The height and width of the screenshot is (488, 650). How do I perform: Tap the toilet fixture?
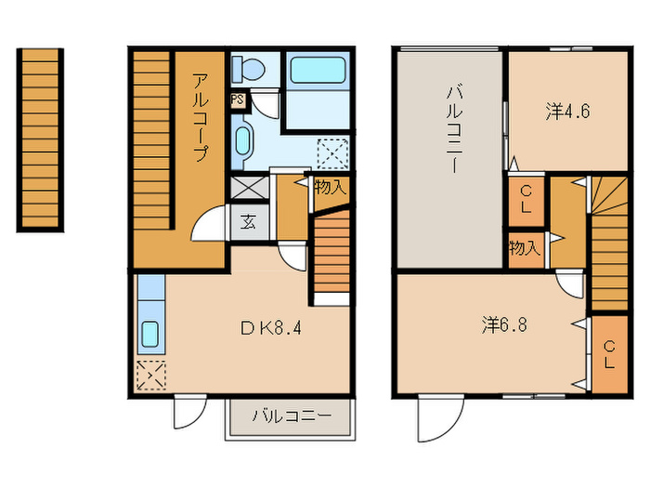coord(249,68)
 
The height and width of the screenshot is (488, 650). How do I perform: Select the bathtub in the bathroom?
coord(317,70)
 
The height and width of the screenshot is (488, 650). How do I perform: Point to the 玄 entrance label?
coord(249,222)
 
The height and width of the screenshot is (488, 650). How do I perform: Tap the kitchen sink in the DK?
coord(149,332)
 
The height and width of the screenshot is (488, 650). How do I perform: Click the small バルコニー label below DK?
coord(291,415)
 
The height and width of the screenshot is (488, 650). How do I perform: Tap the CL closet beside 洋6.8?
coord(608,354)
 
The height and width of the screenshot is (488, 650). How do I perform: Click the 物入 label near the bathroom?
coord(331,187)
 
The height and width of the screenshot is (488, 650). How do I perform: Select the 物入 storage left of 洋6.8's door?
coord(524,248)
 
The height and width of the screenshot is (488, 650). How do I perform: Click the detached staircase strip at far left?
coord(40,139)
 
